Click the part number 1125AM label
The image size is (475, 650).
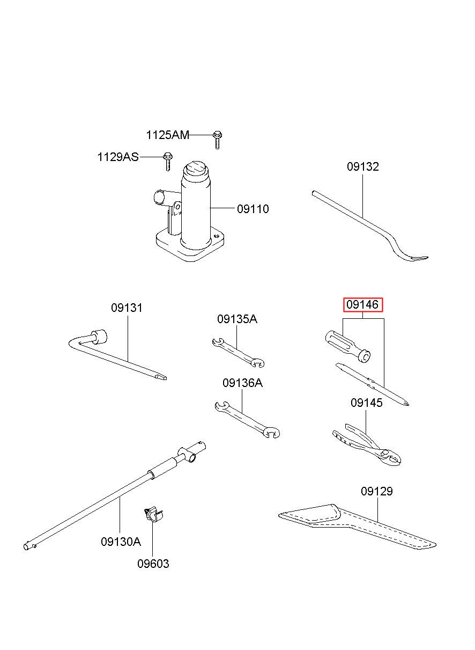click(x=167, y=135)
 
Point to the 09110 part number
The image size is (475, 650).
click(x=253, y=209)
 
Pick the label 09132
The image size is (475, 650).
click(x=363, y=166)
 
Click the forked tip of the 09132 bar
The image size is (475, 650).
click(x=419, y=258)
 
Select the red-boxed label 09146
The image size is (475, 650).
click(x=363, y=305)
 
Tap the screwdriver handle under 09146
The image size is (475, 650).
click(x=347, y=346)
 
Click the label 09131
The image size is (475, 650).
click(x=127, y=308)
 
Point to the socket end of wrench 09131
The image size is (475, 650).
click(x=99, y=337)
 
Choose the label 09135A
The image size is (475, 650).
click(x=237, y=319)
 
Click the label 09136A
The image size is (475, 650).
click(x=242, y=383)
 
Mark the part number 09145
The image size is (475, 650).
click(x=366, y=403)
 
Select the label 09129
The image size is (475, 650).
click(x=377, y=491)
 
